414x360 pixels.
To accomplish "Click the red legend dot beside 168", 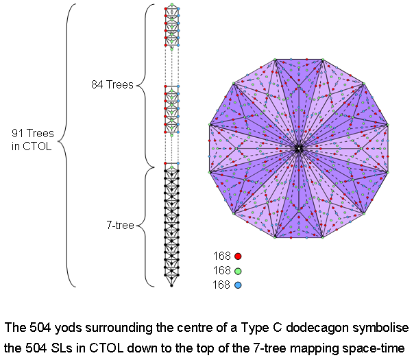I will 238,256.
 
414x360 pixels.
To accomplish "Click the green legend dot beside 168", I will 238,270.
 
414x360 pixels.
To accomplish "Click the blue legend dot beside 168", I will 238,285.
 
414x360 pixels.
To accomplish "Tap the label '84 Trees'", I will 112,85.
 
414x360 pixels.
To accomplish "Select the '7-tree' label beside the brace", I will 121,224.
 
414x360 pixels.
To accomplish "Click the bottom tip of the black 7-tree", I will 171,285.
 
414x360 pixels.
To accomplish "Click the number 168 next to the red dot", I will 222,256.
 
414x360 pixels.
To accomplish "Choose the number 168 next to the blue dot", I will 222,285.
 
